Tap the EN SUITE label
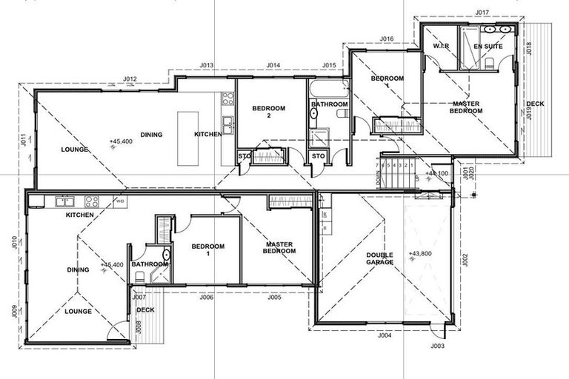pyautogui.click(x=488, y=47)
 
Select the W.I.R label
pyautogui.click(x=442, y=47)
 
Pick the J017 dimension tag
pyautogui.click(x=482, y=13)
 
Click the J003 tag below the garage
pyautogui.click(x=436, y=346)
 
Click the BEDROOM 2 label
pyautogui.click(x=268, y=112)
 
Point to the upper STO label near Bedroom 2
pyautogui.click(x=244, y=155)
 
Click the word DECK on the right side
pyautogui.click(x=535, y=104)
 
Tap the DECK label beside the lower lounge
pyautogui.click(x=145, y=309)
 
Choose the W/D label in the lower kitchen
pyautogui.click(x=119, y=201)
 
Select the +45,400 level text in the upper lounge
pyautogui.click(x=122, y=141)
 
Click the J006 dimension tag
pyautogui.click(x=206, y=297)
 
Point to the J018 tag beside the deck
pyautogui.click(x=529, y=49)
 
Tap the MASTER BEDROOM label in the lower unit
pyautogui.click(x=279, y=247)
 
